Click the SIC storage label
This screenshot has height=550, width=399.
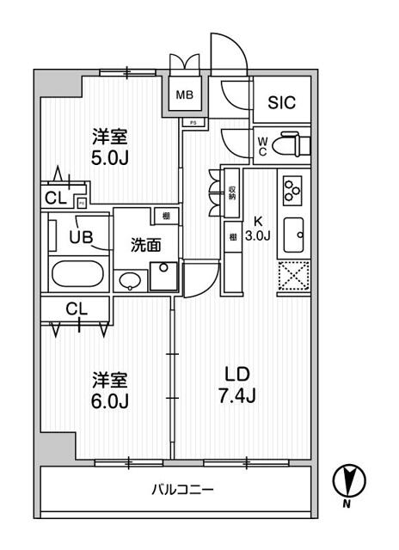(281, 103)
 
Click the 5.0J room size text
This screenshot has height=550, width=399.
(109, 159)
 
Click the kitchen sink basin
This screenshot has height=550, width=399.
(292, 232)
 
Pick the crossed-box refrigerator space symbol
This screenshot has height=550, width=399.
(292, 277)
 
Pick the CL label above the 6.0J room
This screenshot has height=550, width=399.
(76, 307)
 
